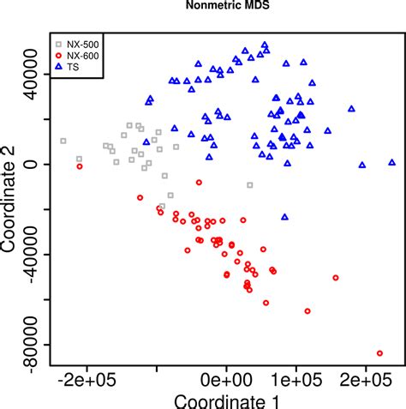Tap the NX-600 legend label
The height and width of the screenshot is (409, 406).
point(82,54)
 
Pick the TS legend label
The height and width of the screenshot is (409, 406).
point(75,66)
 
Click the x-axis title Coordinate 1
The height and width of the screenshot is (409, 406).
point(225,400)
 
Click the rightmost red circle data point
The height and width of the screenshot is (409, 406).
point(379,353)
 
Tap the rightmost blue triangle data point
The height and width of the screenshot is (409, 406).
point(391,162)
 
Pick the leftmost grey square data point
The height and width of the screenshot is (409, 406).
point(63,141)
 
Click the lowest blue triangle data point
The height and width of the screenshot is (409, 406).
point(284,216)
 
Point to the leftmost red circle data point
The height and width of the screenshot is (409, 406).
point(80,166)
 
